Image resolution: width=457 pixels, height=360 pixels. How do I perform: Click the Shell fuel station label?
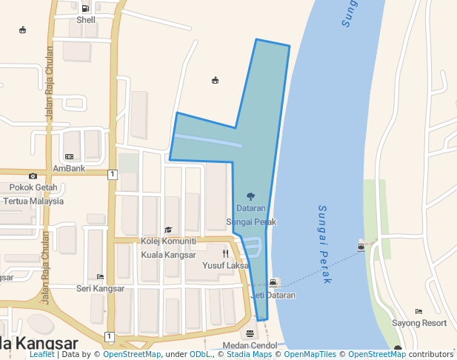86,20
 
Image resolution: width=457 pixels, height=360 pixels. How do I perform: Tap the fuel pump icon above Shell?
86,9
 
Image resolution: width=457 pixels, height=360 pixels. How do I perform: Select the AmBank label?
69,168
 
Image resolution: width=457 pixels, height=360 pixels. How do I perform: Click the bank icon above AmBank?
69,156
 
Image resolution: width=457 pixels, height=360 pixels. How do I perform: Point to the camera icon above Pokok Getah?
33,176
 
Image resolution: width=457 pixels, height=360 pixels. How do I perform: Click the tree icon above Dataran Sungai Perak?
250,197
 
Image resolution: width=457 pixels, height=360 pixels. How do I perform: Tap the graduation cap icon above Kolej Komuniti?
168,230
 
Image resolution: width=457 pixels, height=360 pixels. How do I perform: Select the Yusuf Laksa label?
226,265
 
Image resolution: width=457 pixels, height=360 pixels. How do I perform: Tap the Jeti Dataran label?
273,295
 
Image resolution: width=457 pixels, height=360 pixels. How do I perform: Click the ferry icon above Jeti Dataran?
274,283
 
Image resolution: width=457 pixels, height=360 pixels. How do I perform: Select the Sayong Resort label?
419,323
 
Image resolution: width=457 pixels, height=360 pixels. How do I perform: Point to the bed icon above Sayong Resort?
419,311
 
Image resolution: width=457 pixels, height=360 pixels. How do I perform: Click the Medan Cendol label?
250,346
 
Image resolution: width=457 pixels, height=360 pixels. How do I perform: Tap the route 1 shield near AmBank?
112,175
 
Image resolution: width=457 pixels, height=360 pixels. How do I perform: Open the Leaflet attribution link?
41,355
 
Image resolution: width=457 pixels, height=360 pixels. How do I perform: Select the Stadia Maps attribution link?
248,355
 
